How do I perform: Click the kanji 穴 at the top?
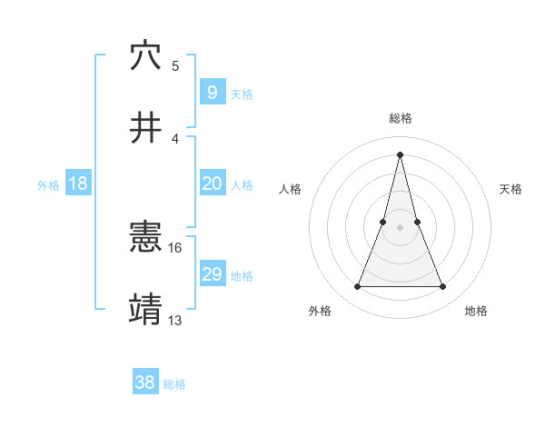[146, 55]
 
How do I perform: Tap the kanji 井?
[146, 128]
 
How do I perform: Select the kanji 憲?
[146, 238]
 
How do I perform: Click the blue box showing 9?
[212, 93]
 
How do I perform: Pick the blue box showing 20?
[212, 184]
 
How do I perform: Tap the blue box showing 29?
[212, 274]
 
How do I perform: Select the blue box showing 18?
[78, 184]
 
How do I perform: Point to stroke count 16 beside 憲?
[176, 247]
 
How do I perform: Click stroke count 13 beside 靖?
[176, 320]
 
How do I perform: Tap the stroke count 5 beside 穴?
[175, 65]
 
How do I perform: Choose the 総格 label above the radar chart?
[401, 118]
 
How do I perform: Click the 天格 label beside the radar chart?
[511, 189]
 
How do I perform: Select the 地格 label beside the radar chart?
[476, 311]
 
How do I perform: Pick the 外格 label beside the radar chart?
[320, 311]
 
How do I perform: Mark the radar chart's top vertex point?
[400, 154]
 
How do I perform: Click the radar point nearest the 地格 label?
[443, 287]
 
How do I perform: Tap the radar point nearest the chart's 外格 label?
[357, 287]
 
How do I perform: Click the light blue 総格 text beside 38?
[174, 384]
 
